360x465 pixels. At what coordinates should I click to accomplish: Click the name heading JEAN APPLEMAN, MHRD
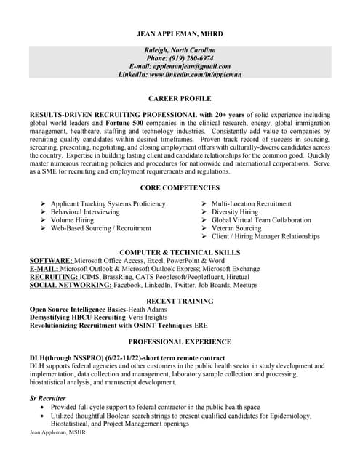(179, 33)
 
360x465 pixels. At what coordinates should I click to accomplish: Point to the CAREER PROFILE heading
(179, 98)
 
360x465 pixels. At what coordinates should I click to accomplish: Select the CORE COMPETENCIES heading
(179, 187)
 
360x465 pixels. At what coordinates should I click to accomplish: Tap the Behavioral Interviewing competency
(85, 212)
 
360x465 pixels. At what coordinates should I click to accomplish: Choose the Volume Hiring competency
(72, 220)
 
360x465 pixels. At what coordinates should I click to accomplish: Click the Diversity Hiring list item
(234, 212)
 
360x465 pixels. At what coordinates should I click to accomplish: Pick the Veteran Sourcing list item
(236, 228)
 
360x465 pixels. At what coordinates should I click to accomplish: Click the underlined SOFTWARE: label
(51, 260)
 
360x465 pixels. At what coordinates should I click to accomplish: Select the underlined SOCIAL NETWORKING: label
(71, 286)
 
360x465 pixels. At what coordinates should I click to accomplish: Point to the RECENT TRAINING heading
(179, 300)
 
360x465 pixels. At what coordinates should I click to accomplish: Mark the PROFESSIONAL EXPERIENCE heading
(179, 341)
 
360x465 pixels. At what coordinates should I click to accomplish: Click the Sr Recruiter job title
(47, 399)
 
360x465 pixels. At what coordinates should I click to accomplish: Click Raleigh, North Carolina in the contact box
(179, 49)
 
